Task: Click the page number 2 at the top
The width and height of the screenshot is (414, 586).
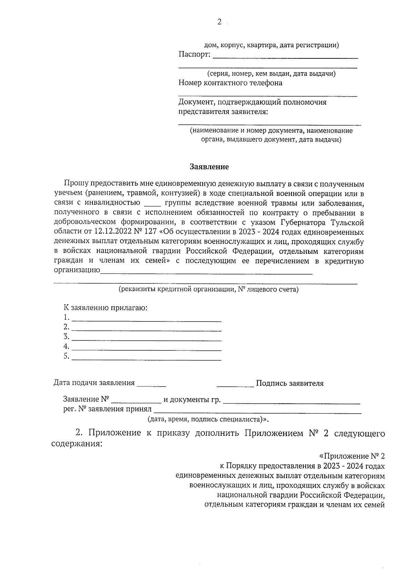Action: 219,22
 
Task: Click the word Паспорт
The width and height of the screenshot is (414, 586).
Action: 194,55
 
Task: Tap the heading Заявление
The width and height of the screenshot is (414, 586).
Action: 209,167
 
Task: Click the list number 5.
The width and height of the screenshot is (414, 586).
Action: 66,356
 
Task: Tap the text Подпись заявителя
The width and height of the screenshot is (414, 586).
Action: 290,383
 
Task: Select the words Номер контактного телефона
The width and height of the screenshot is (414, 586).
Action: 230,83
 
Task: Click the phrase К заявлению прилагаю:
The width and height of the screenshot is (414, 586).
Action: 105,308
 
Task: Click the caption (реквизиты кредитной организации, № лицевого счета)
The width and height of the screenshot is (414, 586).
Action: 208,289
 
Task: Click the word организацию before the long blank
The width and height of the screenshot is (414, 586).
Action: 77,270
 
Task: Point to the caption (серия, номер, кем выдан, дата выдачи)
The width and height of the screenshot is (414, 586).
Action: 271,74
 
